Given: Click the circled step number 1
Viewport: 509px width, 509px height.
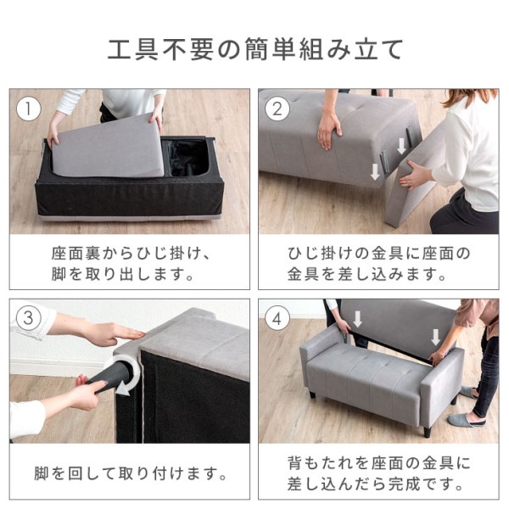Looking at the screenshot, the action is coord(29,109).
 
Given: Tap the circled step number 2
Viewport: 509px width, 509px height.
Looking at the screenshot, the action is coord(277,109).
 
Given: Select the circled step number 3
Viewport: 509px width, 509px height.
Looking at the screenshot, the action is coord(29,318).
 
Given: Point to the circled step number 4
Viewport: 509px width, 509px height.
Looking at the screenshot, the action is coord(277,318).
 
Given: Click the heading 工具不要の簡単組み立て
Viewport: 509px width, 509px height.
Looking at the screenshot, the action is coord(255,49).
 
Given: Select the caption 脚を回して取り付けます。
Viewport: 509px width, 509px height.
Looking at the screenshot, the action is coord(131,473).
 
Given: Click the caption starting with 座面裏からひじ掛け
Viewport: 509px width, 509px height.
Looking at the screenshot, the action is coord(130,264).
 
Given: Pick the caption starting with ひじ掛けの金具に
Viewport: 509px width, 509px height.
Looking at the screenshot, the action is coord(378,264).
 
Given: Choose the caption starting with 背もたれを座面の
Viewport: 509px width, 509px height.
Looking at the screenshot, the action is coord(378,473).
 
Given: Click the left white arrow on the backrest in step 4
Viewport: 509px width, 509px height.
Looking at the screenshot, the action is coord(357,319).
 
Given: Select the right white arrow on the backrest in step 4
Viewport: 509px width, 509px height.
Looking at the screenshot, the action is coord(435,338).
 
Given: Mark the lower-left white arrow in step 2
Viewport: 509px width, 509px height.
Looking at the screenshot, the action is coord(375,171).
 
